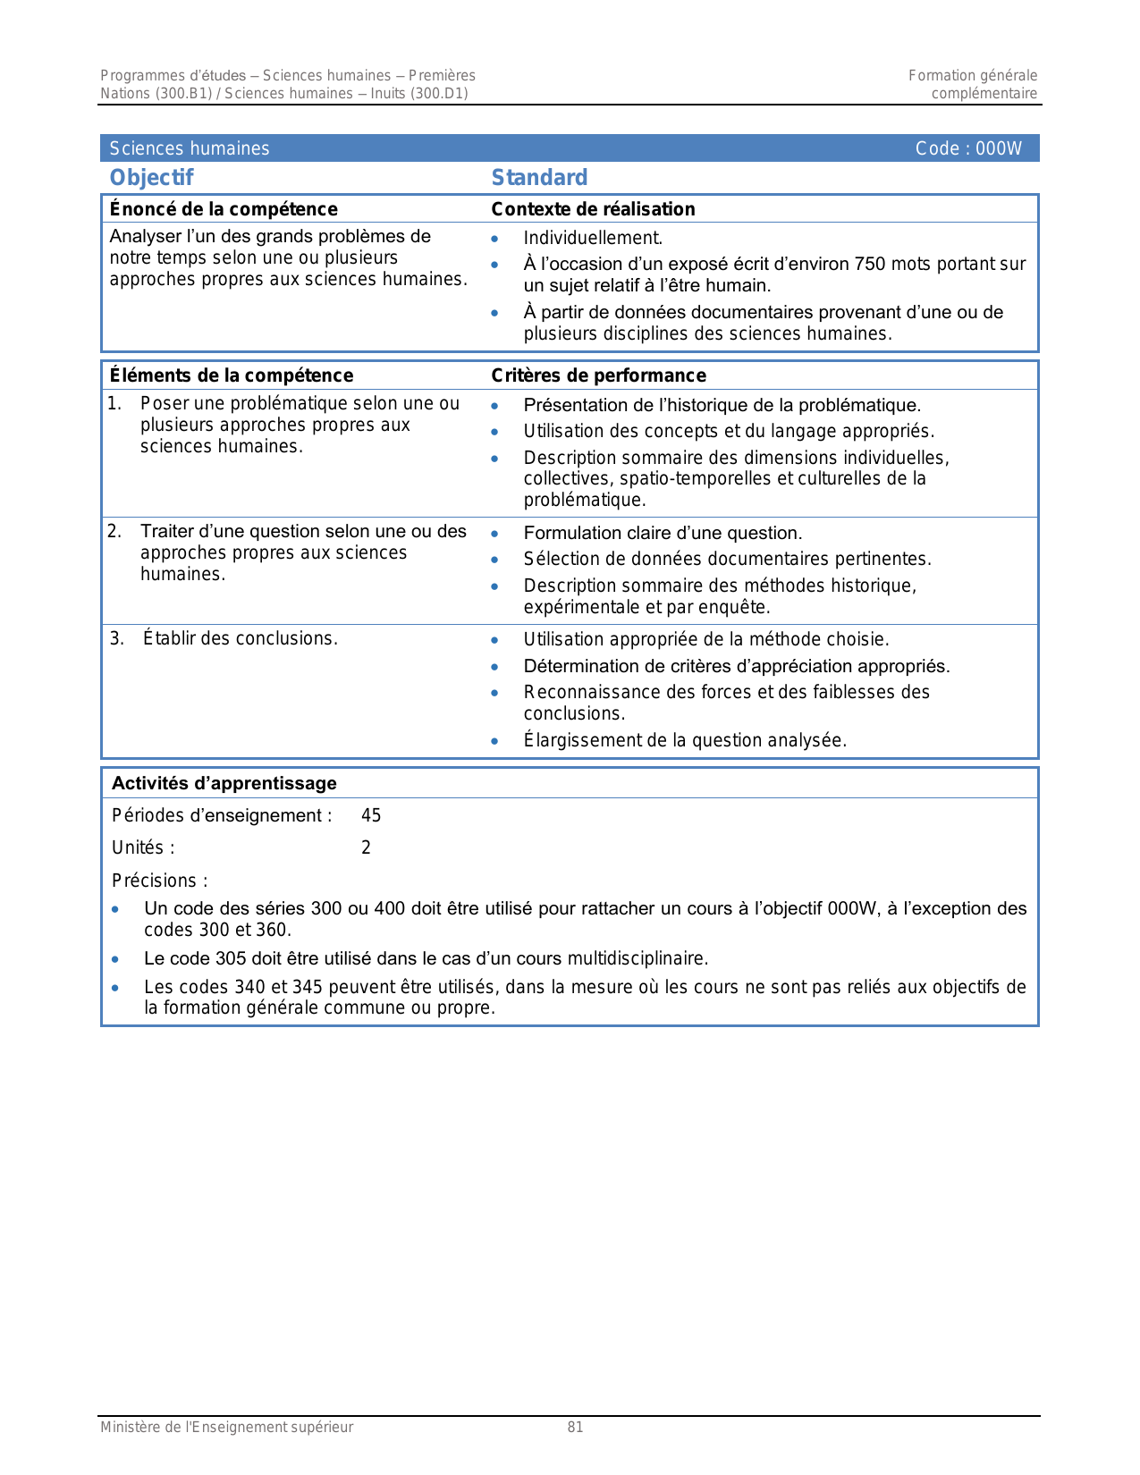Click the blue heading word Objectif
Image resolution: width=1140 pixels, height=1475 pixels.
[151, 178]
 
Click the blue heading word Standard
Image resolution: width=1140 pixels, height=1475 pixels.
[539, 178]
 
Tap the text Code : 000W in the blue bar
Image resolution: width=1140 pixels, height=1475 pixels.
[967, 148]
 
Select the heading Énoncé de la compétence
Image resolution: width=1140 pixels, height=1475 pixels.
[224, 209]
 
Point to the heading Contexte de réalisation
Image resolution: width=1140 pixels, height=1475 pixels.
[593, 209]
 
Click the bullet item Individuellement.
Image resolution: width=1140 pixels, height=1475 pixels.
[593, 238]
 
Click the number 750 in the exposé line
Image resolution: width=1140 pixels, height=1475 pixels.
[870, 264]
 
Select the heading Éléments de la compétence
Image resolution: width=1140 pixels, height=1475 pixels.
[231, 375]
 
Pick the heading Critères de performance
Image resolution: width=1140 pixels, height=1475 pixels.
[598, 375]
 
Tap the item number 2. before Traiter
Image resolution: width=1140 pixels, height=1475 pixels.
[114, 532]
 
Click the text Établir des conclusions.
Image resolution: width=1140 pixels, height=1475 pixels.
[240, 638]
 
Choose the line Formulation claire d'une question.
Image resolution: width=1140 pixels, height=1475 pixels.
[663, 533]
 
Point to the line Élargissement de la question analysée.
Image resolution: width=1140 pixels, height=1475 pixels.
[685, 740]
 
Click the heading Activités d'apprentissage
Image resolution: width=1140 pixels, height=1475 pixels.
[224, 783]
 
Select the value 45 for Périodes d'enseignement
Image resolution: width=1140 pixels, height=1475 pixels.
[371, 815]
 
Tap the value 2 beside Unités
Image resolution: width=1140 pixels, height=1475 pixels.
[366, 847]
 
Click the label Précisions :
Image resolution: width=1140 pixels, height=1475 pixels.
[159, 881]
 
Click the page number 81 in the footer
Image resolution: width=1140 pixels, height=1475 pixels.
[575, 1427]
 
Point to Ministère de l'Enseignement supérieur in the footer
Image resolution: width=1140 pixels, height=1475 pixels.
[226, 1427]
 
